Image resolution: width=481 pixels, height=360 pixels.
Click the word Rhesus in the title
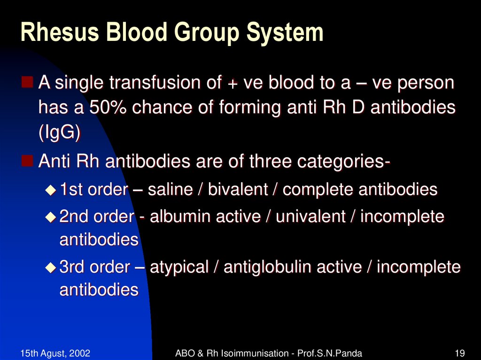[x=52, y=33]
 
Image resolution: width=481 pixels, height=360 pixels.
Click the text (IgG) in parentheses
[x=59, y=133]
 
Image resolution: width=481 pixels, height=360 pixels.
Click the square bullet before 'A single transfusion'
[x=28, y=83]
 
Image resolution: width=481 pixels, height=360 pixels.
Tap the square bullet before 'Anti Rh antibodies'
[x=28, y=161]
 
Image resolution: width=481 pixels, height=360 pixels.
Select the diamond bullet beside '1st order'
[x=50, y=190]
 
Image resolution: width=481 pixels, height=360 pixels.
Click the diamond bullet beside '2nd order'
[x=50, y=217]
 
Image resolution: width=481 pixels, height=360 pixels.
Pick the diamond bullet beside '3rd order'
[x=50, y=268]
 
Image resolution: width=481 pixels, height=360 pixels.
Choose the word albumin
[x=179, y=217]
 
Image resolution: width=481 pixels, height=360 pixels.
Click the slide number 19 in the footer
[x=460, y=353]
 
